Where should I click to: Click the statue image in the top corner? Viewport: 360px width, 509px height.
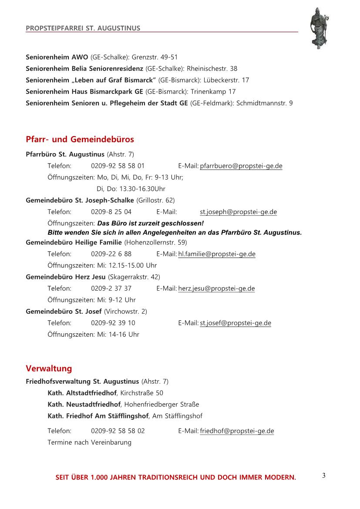pyautogui.click(x=320, y=28)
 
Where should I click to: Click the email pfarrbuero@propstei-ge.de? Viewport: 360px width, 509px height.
pyautogui.click(x=241, y=166)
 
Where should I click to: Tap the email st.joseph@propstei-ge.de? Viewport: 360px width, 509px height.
pyautogui.click(x=238, y=212)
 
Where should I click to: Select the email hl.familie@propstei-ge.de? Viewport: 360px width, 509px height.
pyautogui.click(x=217, y=254)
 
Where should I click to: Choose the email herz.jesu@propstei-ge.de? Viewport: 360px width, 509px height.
pyautogui.click(x=216, y=288)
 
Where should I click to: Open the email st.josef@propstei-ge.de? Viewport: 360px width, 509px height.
pyautogui.click(x=236, y=323)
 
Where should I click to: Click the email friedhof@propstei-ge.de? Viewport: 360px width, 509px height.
pyautogui.click(x=237, y=431)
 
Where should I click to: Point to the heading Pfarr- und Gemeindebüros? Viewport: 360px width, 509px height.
pyautogui.click(x=80, y=140)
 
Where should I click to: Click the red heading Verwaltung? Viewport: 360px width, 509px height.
pyautogui.click(x=49, y=368)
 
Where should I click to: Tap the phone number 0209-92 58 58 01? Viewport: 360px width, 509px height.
pyautogui.click(x=118, y=166)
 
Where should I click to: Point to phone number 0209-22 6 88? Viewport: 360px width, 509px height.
pyautogui.click(x=111, y=254)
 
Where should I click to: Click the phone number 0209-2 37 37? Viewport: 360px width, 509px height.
pyautogui.click(x=111, y=288)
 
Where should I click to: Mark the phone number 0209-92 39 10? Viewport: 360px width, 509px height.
pyautogui.click(x=113, y=323)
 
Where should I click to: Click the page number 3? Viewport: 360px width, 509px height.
pyautogui.click(x=323, y=476)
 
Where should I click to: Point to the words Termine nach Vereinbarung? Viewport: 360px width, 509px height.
pyautogui.click(x=89, y=442)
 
